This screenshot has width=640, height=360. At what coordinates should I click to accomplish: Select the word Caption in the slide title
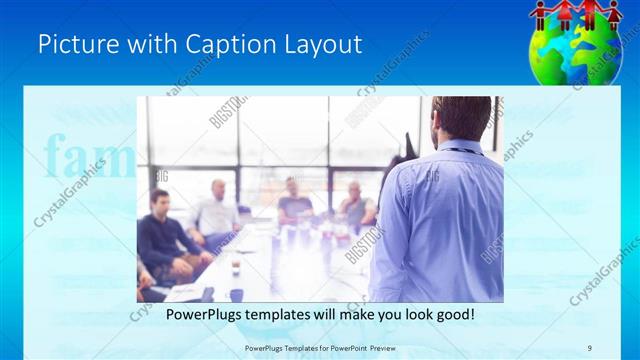point(216,45)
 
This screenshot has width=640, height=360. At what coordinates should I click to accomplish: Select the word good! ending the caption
point(453,315)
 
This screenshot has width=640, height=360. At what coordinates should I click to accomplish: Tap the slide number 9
point(590,348)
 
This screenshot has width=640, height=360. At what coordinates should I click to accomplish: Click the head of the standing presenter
point(461,117)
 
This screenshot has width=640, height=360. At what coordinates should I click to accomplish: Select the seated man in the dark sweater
point(163,235)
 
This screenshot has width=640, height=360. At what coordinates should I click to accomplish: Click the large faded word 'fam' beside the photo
point(88,158)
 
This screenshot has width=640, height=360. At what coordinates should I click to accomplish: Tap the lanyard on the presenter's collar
point(462,151)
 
